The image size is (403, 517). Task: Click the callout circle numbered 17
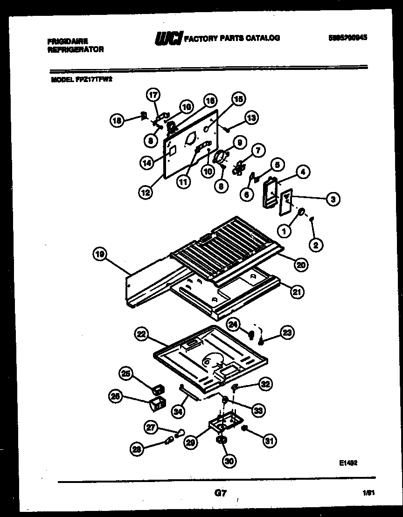click(x=153, y=95)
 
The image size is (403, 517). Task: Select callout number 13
click(x=251, y=118)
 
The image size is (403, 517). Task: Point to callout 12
click(x=146, y=191)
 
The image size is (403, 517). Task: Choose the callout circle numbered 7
click(x=257, y=150)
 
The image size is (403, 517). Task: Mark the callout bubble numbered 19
click(x=100, y=255)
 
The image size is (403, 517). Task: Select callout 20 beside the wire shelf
click(x=301, y=264)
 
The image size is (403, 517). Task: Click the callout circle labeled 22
click(x=141, y=333)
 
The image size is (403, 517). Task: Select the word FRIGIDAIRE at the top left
click(x=68, y=41)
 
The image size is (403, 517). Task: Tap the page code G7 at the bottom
click(x=221, y=493)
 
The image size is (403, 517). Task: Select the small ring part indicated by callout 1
click(x=301, y=214)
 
